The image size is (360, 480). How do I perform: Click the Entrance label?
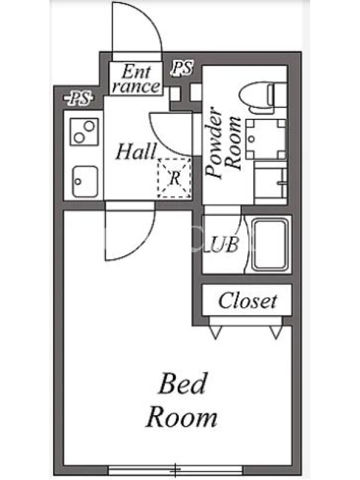136,79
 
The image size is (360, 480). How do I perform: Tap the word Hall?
136,152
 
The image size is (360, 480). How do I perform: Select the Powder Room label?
223,142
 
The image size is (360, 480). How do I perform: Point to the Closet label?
247,301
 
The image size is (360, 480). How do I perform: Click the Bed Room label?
182,400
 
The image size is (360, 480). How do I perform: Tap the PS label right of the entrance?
182,68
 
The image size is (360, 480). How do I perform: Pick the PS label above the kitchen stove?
79,98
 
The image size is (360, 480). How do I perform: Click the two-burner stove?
84,131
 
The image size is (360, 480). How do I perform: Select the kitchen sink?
85,182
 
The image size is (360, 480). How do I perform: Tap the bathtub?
270,245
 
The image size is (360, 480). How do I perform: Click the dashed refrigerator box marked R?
174,178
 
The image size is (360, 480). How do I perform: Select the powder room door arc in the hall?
159,139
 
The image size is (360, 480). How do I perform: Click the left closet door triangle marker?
215,332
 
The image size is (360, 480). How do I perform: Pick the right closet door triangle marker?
276,332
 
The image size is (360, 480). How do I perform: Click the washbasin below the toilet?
266,139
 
